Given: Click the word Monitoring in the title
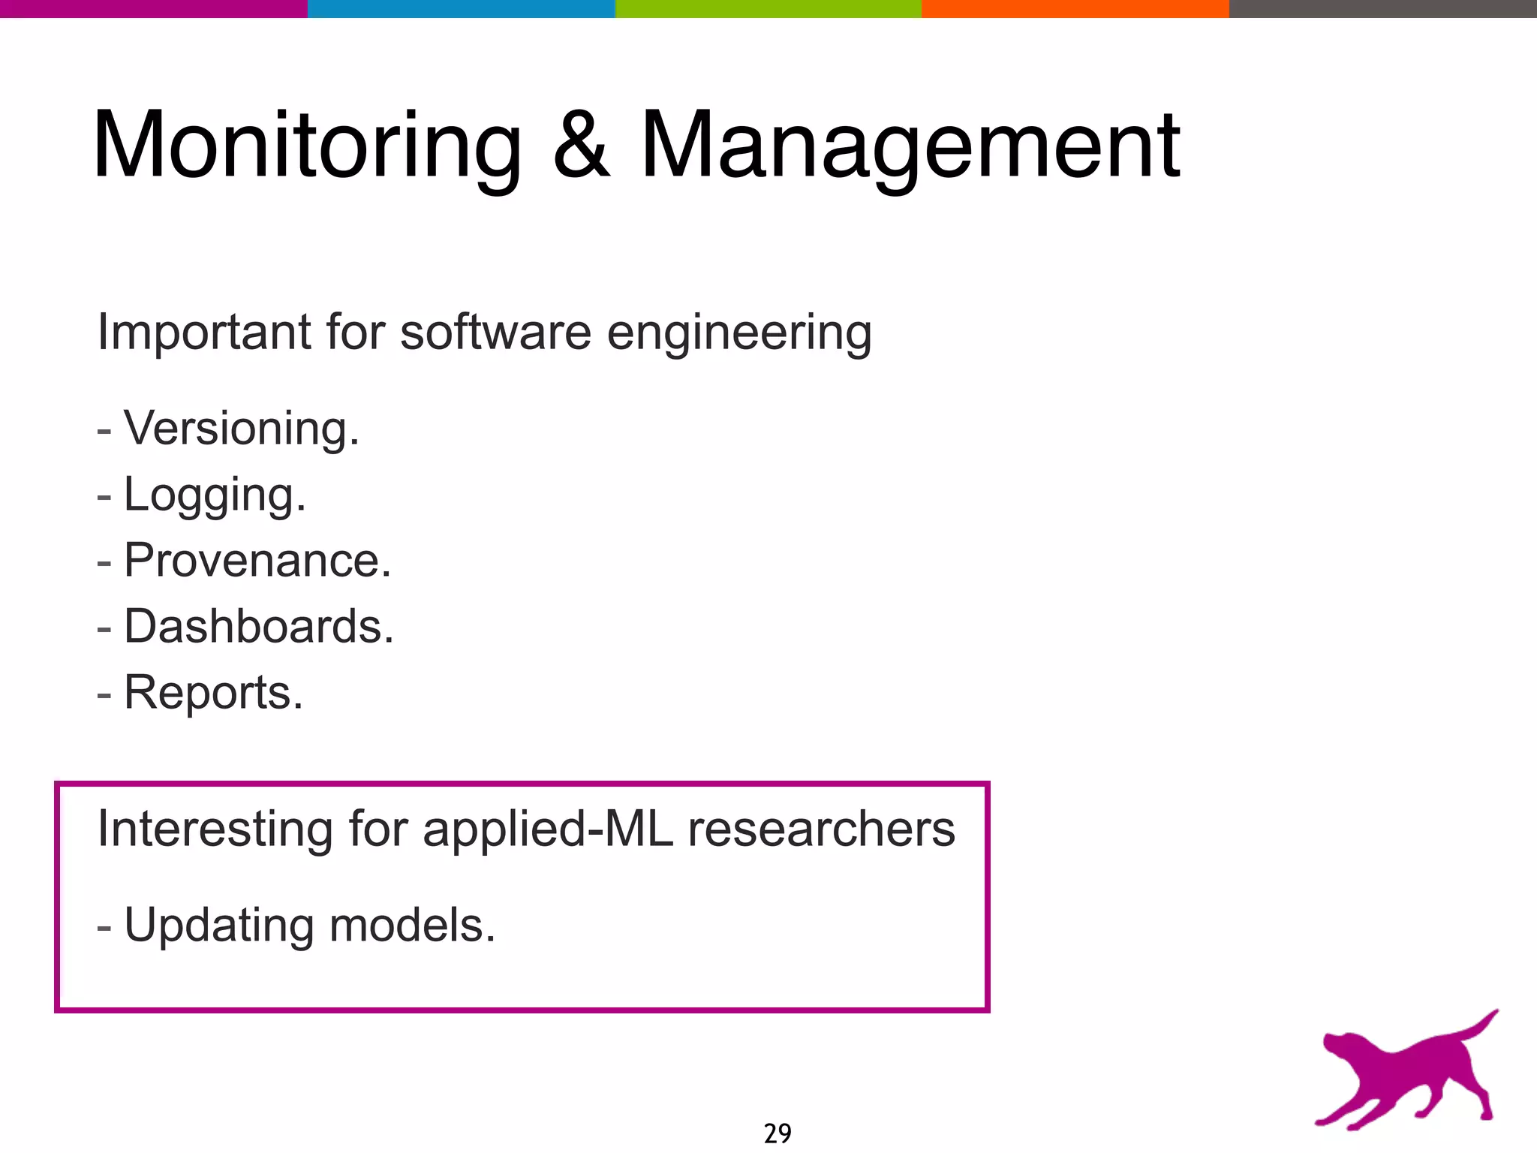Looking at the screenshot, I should pyautogui.click(x=306, y=146).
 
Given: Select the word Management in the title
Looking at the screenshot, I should pyautogui.click(x=910, y=146).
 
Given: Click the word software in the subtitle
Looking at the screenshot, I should pyautogui.click(x=495, y=332).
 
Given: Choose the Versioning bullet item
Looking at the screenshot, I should pyautogui.click(x=241, y=429).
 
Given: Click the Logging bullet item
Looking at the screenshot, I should pyautogui.click(x=215, y=495).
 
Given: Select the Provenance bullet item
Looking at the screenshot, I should pyautogui.click(x=257, y=561).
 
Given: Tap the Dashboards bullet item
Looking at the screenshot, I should pyautogui.click(x=258, y=627).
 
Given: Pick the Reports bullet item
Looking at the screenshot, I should pyautogui.click(x=213, y=692).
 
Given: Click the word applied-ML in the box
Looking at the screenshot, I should pyautogui.click(x=548, y=830).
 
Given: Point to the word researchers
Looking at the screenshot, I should pyautogui.click(x=821, y=829).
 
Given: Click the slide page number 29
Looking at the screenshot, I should pyautogui.click(x=778, y=1133).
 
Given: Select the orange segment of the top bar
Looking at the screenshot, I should pyautogui.click(x=1075, y=8).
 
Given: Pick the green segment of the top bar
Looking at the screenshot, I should pyautogui.click(x=768, y=8).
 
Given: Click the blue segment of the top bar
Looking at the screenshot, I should pyautogui.click(x=461, y=8).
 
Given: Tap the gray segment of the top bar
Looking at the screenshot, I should pyautogui.click(x=1382, y=8).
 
